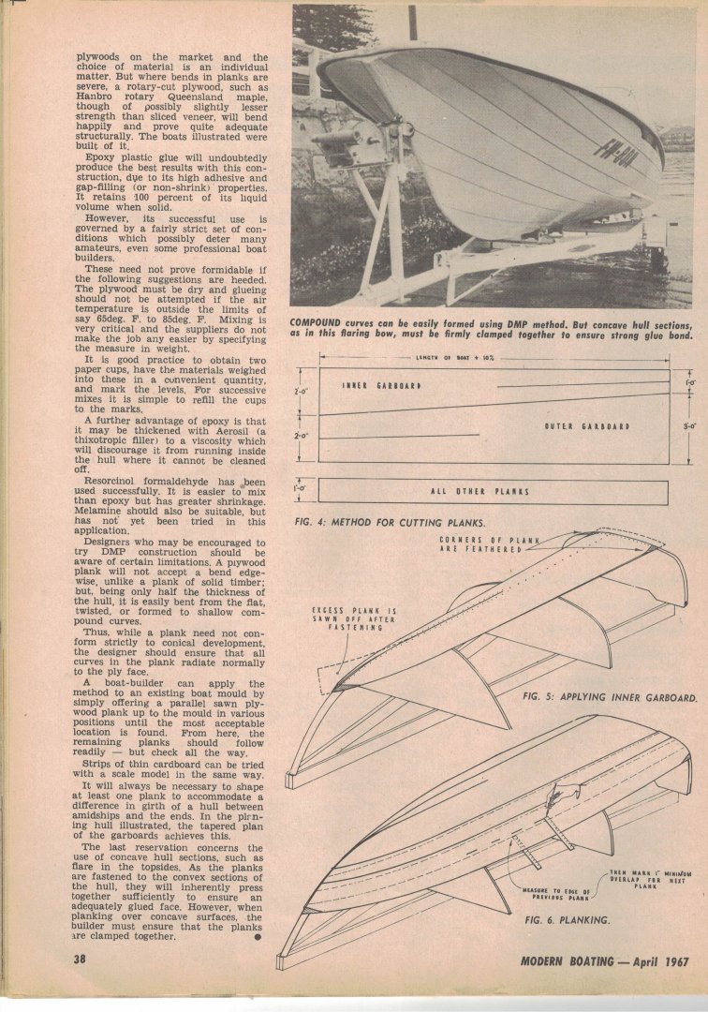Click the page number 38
point(81,959)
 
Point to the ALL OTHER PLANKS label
point(479,492)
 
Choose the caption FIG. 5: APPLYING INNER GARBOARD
point(608,698)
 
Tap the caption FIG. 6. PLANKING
point(568,920)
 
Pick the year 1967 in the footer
point(671,959)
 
